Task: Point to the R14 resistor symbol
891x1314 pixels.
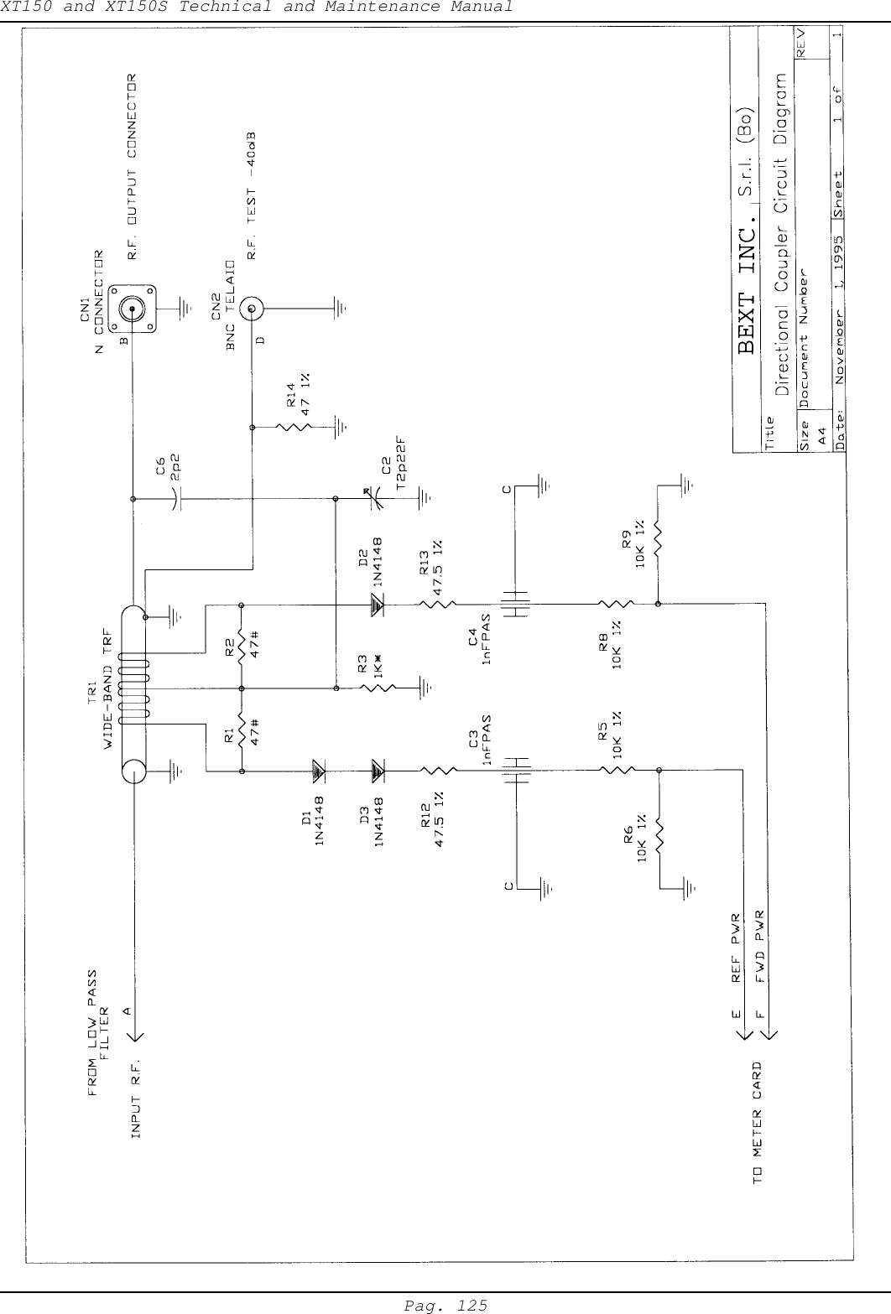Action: tap(299, 427)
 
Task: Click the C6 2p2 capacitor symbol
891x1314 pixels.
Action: tap(177, 499)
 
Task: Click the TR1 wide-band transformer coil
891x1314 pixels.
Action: tap(133, 688)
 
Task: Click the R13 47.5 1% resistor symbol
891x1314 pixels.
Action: tap(436, 603)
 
